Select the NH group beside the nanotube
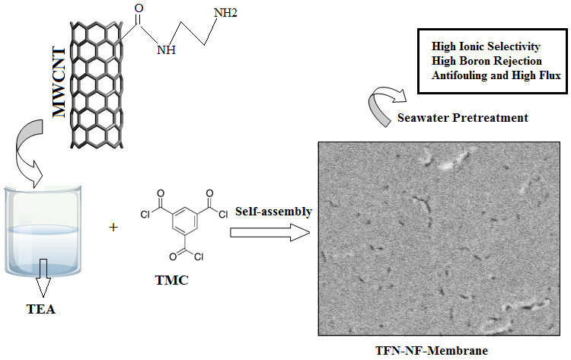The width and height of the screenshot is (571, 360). point(167,51)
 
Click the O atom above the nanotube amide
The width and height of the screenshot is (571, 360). point(138,10)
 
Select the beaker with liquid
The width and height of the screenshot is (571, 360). point(43,228)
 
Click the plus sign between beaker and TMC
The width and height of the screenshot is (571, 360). point(114,227)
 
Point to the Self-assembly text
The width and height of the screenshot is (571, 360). point(273,211)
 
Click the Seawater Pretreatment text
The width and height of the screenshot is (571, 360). point(462,118)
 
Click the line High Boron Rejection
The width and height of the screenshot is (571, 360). point(486,60)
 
